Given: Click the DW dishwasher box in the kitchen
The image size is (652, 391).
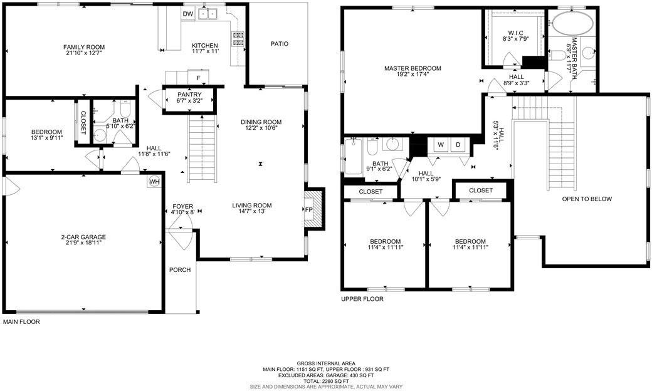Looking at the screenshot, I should pyautogui.click(x=188, y=14).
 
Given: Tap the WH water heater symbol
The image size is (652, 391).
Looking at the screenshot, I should pyautogui.click(x=154, y=182).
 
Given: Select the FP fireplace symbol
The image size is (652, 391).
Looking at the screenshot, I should pyautogui.click(x=309, y=210).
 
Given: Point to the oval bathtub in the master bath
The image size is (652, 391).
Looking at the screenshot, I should pyautogui.click(x=572, y=25).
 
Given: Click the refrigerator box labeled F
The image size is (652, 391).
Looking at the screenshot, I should pyautogui.click(x=198, y=78).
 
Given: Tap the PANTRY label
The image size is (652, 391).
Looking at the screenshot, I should pyautogui.click(x=188, y=94).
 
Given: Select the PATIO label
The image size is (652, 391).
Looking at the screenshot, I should pyautogui.click(x=279, y=44).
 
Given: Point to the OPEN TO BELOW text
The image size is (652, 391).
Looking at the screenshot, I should pyautogui.click(x=587, y=199).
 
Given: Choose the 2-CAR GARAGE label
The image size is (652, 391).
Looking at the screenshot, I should pyautogui.click(x=83, y=237).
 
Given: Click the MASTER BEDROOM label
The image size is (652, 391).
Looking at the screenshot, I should pyautogui.click(x=413, y=68).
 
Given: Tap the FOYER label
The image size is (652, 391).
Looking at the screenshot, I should pyautogui.click(x=183, y=206).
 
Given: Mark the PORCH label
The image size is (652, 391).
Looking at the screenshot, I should pyautogui.click(x=180, y=270).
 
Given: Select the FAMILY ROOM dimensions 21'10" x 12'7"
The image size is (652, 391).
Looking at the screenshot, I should pyautogui.click(x=83, y=54).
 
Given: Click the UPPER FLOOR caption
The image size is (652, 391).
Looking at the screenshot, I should pyautogui.click(x=362, y=299).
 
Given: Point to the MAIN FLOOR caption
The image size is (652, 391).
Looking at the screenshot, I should pyautogui.click(x=21, y=321).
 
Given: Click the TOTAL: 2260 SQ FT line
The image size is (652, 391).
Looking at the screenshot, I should pyautogui.click(x=326, y=381).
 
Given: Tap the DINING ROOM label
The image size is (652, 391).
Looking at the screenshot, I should pyautogui.click(x=261, y=122).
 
